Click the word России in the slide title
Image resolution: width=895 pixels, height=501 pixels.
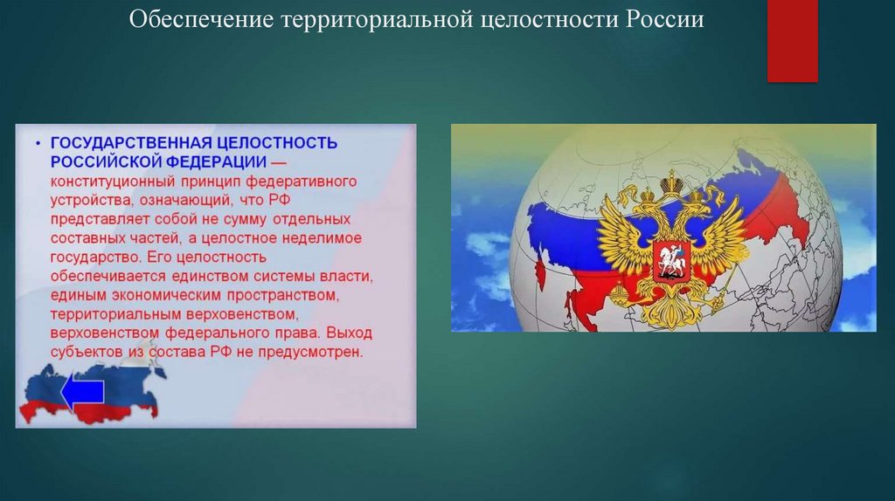pos(664,19)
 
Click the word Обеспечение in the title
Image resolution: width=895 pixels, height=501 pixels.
pos(202,19)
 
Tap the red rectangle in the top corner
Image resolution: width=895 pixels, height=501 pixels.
pos(792,40)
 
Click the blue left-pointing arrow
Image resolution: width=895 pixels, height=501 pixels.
pos(83,392)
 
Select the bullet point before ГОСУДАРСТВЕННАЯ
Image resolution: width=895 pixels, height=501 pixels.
pos(38,144)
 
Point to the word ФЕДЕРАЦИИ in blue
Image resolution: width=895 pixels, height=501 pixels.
pos(216,161)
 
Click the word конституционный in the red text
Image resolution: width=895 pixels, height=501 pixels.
pos(113,182)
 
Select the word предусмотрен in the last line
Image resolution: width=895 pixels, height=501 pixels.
pos(310,353)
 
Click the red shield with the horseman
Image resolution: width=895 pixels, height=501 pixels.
pos(671,260)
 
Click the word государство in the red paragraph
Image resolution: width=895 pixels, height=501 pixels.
pos(94,257)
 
